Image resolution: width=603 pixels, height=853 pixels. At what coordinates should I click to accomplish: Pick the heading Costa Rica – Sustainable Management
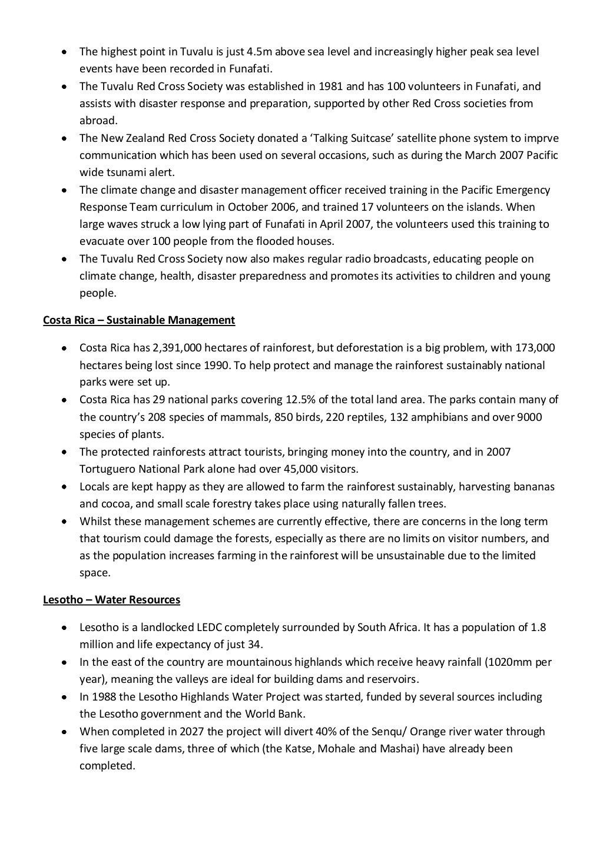pos(139,320)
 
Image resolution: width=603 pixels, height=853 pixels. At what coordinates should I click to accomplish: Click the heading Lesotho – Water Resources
pos(112,600)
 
